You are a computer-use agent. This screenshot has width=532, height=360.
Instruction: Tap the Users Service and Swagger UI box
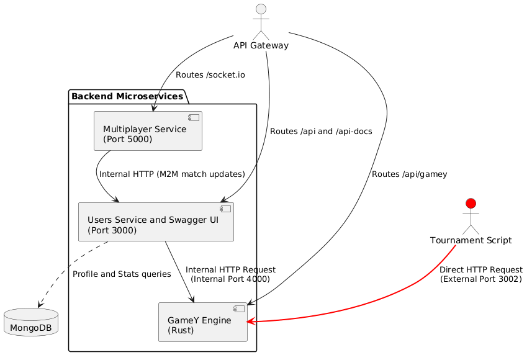coord(156,222)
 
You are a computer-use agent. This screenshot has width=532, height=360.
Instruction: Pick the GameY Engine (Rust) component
coord(202,322)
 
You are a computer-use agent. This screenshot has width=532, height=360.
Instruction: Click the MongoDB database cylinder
coord(30,322)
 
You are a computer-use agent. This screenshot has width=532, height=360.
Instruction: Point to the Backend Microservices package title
coord(128,96)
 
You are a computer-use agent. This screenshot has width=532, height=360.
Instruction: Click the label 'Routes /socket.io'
coord(210,75)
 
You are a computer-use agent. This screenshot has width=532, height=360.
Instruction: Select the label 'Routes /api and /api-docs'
coord(317,131)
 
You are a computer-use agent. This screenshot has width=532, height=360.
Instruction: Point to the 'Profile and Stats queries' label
coord(122,274)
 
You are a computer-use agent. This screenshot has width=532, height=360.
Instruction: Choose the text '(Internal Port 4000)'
coord(230,279)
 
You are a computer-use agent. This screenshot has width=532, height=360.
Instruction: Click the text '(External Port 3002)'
coord(481,279)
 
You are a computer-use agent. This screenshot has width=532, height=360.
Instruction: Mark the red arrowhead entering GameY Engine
coord(251,322)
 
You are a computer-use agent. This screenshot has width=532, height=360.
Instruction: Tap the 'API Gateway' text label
coord(261,46)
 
